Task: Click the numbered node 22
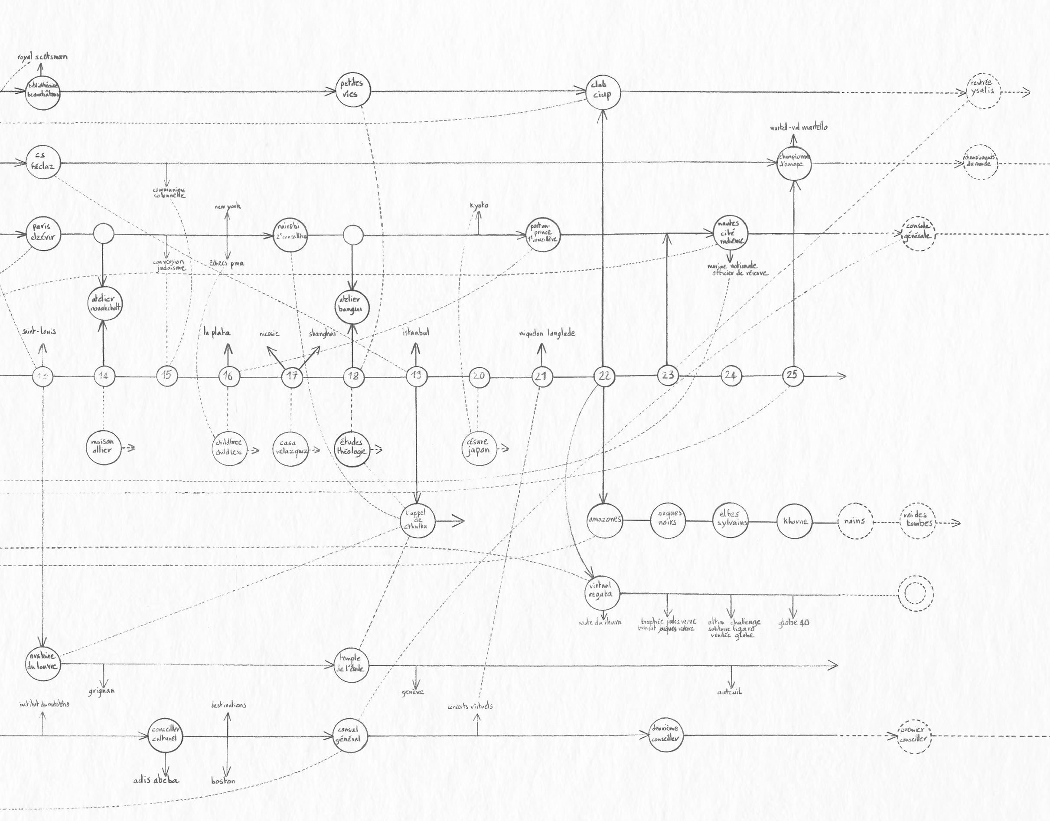click(x=604, y=376)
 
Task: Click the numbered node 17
click(x=292, y=376)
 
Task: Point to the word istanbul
click(x=416, y=332)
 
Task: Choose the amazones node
click(x=604, y=520)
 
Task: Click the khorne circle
click(x=795, y=521)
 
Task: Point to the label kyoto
click(x=479, y=206)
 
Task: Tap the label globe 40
click(x=794, y=622)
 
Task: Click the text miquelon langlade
click(x=547, y=333)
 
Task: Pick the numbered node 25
click(x=792, y=375)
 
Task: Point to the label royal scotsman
click(x=42, y=57)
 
